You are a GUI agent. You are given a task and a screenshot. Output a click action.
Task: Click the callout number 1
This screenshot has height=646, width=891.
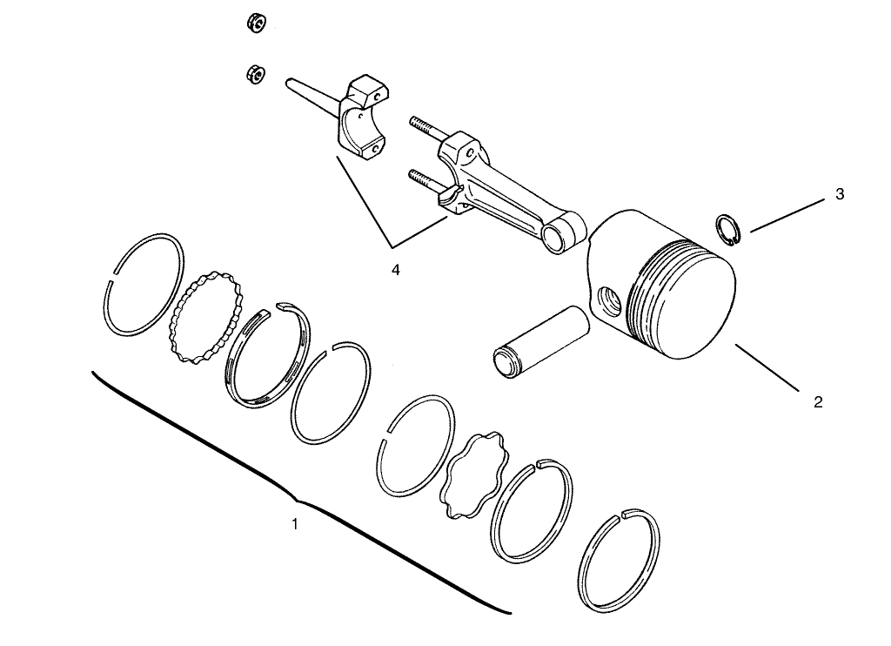tap(294, 524)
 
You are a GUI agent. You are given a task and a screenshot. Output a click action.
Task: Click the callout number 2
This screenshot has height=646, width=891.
tap(817, 402)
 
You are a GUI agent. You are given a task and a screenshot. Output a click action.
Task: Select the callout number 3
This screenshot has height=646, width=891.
tap(840, 194)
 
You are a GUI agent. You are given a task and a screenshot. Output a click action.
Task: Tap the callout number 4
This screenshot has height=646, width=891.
tap(396, 270)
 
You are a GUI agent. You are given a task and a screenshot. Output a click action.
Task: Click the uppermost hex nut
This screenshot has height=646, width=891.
tap(257, 23)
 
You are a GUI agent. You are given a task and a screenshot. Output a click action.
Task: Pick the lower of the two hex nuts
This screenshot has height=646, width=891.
tap(255, 74)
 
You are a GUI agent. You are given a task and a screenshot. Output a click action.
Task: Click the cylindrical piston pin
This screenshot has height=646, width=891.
tap(540, 340)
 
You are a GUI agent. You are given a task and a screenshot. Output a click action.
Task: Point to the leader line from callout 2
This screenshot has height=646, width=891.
tap(767, 367)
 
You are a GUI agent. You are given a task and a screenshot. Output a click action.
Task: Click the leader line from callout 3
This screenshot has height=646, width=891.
tap(787, 215)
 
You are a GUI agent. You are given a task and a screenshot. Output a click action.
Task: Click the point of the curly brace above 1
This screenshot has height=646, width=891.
tap(298, 501)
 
